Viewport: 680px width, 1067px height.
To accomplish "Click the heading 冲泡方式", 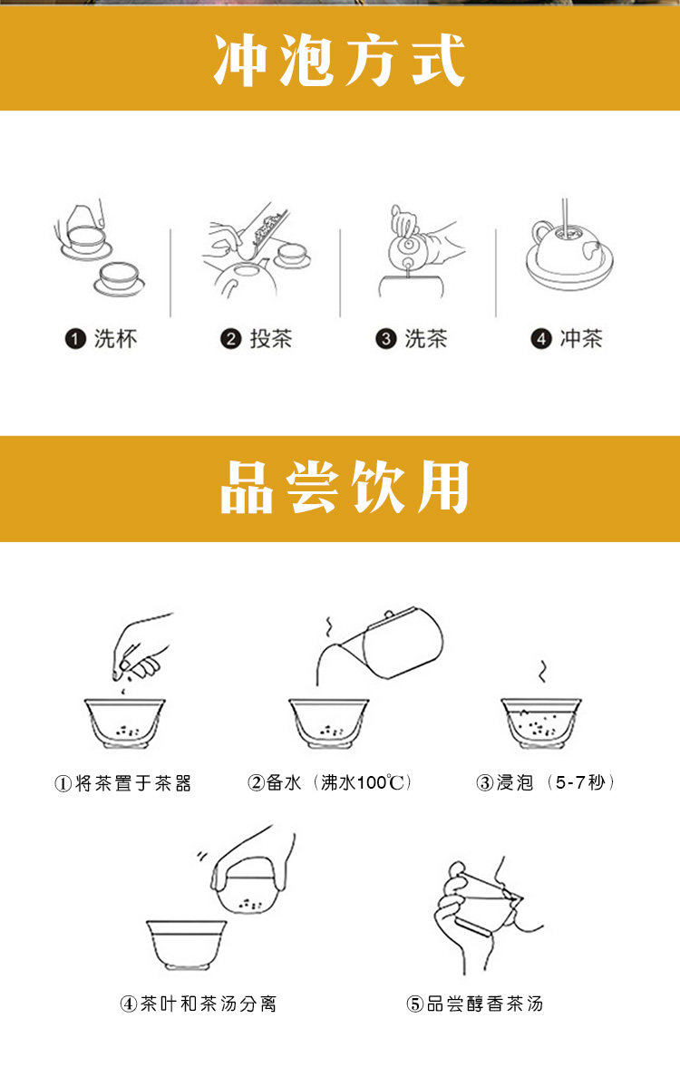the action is tap(340, 61).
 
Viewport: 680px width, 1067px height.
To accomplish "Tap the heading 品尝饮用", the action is tap(345, 487).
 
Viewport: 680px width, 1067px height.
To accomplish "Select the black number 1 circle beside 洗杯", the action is tap(75, 338).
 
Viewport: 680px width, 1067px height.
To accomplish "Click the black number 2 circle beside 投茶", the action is tap(231, 338).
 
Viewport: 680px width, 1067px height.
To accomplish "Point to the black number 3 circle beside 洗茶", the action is tap(386, 338).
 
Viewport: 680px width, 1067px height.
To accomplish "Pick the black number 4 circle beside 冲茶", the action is tap(541, 338).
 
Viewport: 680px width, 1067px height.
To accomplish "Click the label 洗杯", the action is tap(116, 338).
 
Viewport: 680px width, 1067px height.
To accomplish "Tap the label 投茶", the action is tap(271, 338).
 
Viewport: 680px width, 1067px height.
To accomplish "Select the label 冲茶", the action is tap(581, 338).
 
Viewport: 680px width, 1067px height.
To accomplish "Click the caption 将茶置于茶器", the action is tap(133, 783).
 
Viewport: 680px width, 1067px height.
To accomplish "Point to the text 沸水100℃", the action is tap(365, 782).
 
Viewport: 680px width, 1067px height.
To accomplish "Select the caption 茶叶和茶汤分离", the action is tap(209, 1004).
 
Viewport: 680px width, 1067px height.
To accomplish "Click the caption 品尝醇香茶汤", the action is tap(485, 1004).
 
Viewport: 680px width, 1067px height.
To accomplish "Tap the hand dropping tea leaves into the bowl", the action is tap(141, 646).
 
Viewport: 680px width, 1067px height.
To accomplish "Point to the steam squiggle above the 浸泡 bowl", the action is tap(542, 671).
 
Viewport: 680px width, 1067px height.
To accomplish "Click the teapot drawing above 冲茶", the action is tap(569, 252).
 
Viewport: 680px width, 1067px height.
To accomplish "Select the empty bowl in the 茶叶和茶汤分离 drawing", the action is tap(187, 946).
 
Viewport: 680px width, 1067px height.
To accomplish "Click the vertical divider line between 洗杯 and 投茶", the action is tap(170, 273).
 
